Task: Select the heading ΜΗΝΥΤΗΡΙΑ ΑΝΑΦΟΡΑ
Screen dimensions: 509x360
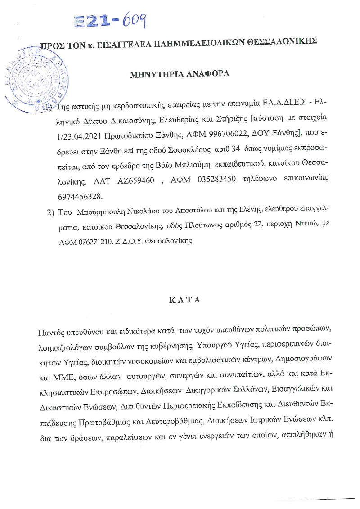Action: [180, 74]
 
